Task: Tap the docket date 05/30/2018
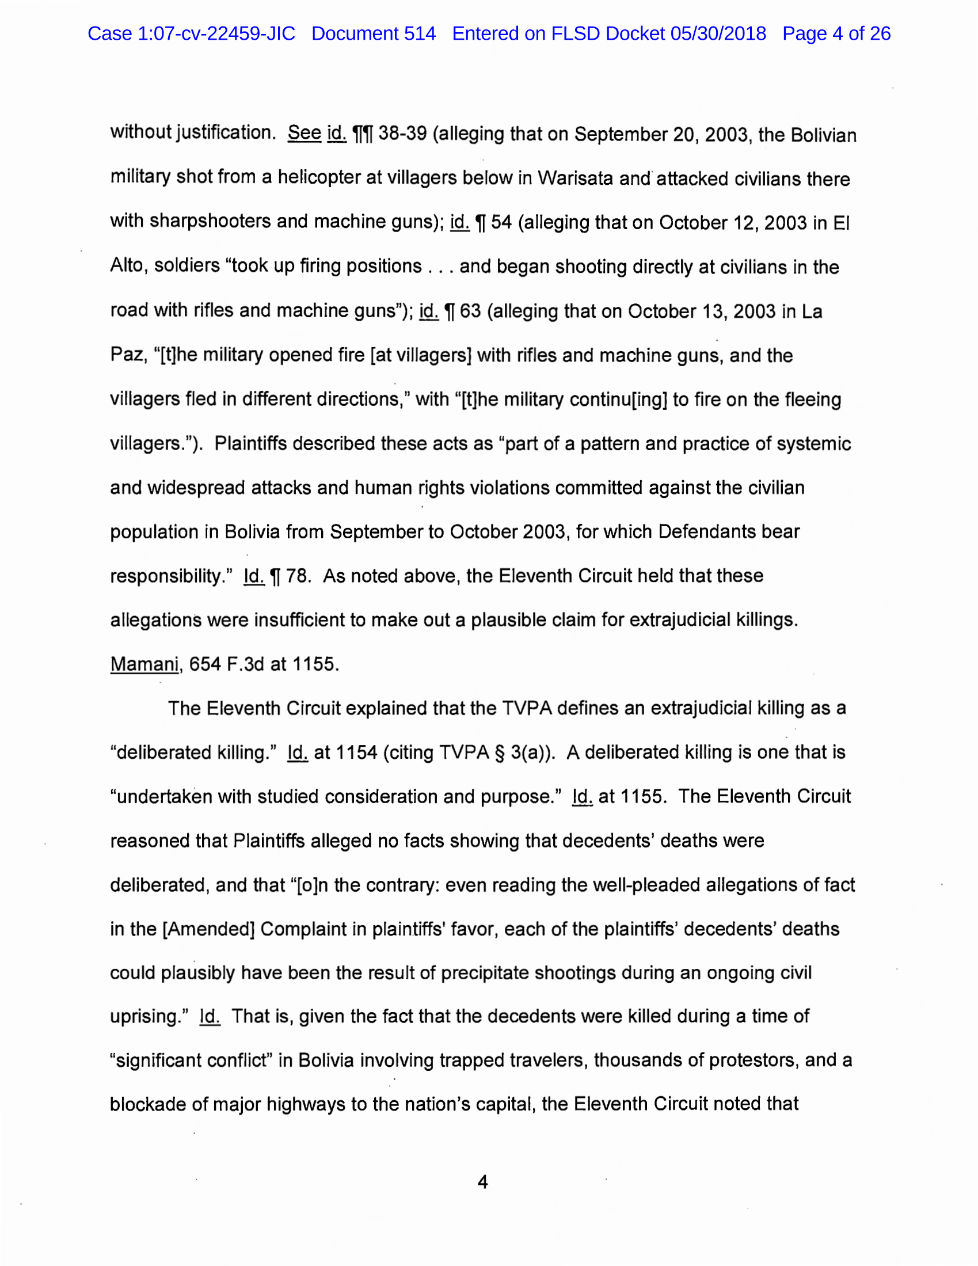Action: [718, 33]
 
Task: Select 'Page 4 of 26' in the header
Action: [836, 33]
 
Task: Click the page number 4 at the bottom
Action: [482, 1182]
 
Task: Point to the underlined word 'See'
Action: [305, 134]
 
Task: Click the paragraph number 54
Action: [501, 223]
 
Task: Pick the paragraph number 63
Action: [470, 311]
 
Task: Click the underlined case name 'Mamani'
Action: [144, 664]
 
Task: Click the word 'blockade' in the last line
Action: [148, 1104]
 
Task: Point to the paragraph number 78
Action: [296, 576]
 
